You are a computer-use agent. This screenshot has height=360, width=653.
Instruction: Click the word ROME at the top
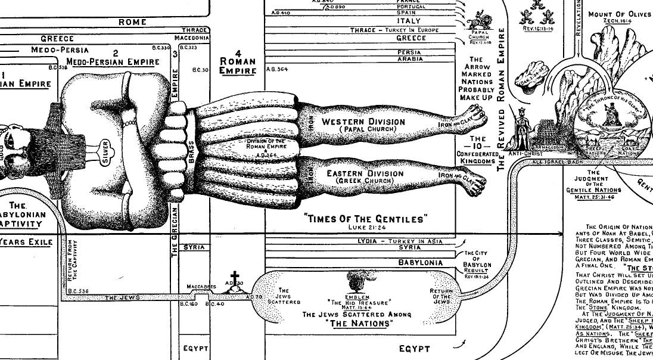pyautogui.click(x=132, y=22)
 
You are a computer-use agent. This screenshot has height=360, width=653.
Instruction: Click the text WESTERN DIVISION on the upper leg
pyautogui.click(x=363, y=122)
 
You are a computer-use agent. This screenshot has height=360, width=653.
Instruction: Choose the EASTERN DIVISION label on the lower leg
pyautogui.click(x=365, y=173)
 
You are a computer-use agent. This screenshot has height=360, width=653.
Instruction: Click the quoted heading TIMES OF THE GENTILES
pyautogui.click(x=366, y=219)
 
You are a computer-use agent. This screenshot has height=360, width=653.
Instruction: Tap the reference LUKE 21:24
pyautogui.click(x=366, y=227)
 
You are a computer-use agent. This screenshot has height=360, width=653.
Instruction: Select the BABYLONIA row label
pyautogui.click(x=420, y=262)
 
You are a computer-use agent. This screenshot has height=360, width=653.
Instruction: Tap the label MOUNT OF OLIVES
pyautogui.click(x=620, y=14)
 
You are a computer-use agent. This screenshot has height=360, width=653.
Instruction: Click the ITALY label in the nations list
pyautogui.click(x=412, y=21)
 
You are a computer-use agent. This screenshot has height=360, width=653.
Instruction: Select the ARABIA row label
pyautogui.click(x=409, y=60)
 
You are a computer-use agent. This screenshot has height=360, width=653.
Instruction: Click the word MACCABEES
pyautogui.click(x=201, y=287)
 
